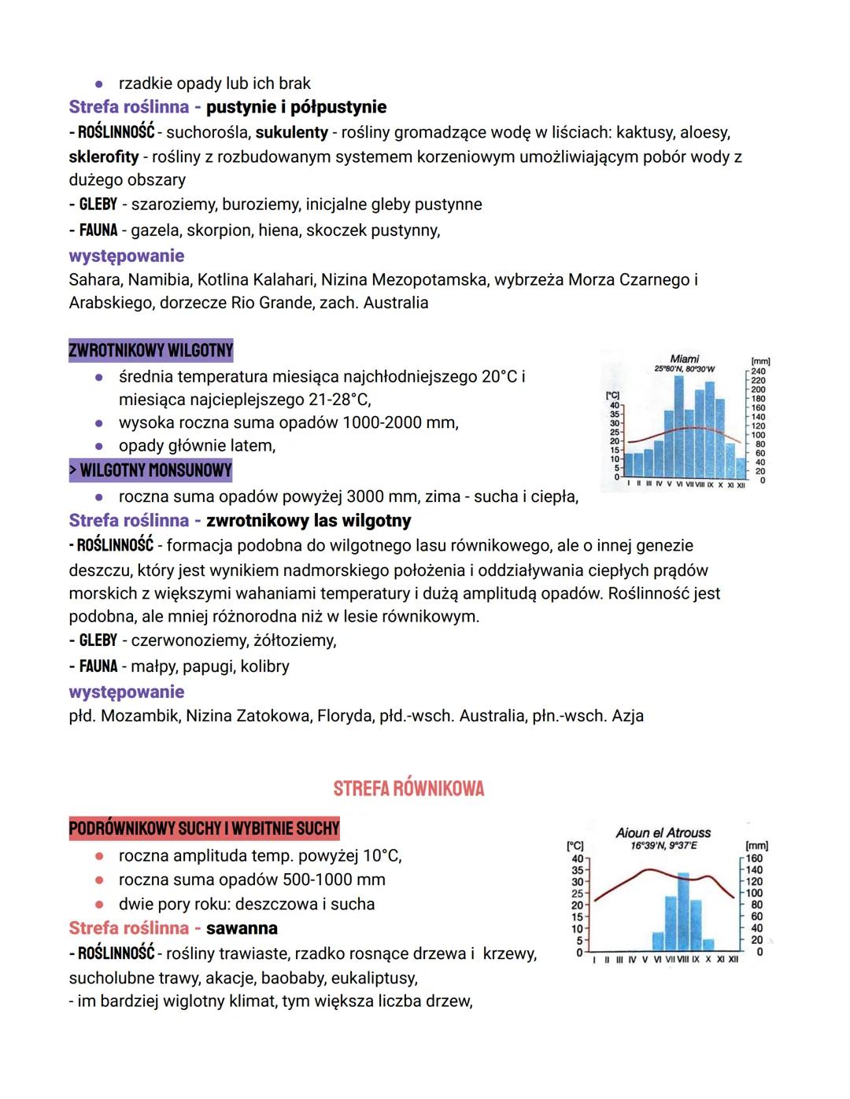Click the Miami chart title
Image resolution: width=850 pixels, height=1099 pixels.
(x=684, y=359)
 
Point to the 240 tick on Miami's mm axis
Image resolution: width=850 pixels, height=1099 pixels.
(x=758, y=371)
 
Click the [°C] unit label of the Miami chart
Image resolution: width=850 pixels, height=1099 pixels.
(x=612, y=396)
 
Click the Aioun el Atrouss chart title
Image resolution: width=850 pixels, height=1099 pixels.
(x=663, y=832)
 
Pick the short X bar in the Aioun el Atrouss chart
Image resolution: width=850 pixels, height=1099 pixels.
(x=708, y=944)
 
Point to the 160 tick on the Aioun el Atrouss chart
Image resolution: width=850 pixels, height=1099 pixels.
(x=754, y=858)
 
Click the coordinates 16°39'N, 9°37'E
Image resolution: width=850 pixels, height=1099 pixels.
(x=663, y=846)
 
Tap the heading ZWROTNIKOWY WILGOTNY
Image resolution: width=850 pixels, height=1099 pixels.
(x=151, y=350)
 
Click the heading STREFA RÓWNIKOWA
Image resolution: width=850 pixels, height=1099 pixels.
(x=408, y=788)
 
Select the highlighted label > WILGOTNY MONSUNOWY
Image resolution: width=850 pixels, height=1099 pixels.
(x=151, y=470)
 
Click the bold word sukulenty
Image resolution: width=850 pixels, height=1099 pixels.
(x=292, y=132)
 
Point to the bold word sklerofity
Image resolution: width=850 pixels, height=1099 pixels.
(x=104, y=157)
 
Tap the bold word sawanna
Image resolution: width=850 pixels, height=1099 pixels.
(x=242, y=928)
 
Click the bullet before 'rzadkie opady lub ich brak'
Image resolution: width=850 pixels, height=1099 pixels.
(x=99, y=83)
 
